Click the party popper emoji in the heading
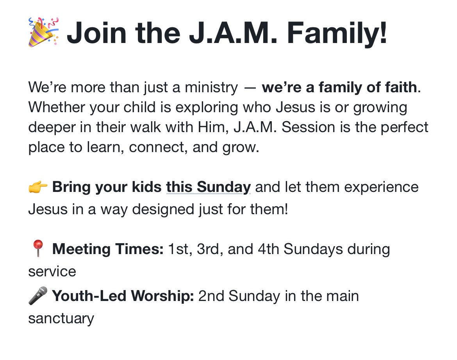tap(43, 32)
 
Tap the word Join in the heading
tap(96, 33)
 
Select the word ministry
tap(211, 88)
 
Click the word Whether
tap(57, 107)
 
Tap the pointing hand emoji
tap(38, 187)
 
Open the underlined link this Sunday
tap(209, 187)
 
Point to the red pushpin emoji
tap(38, 248)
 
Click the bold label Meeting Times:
tap(108, 249)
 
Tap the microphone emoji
tap(38, 296)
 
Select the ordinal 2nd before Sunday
tap(211, 296)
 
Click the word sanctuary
tap(61, 319)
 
